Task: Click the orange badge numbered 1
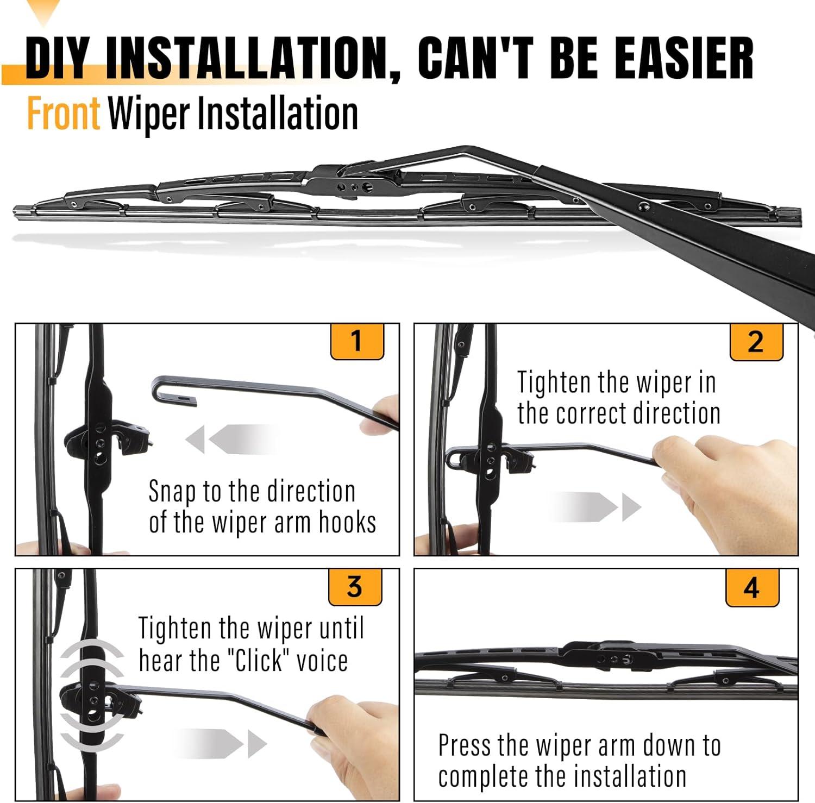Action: (357, 342)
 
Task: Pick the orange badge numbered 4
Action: (752, 588)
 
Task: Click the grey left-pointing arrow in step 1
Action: (233, 439)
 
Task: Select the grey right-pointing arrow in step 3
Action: (221, 743)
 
